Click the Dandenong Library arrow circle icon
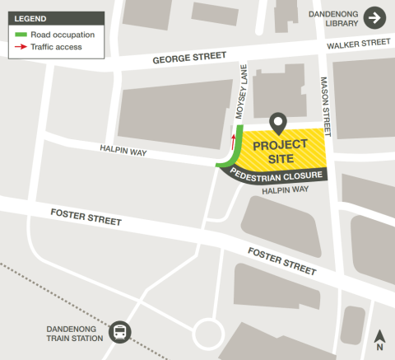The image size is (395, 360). pyautogui.click(x=374, y=18)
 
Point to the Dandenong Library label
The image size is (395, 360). pyautogui.click(x=334, y=18)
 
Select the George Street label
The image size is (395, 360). pyautogui.click(x=188, y=58)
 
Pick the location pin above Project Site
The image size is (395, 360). pyautogui.click(x=279, y=124)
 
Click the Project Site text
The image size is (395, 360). pyautogui.click(x=279, y=151)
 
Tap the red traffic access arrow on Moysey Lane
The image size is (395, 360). pyautogui.click(x=233, y=138)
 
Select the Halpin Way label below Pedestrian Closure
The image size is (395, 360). pyautogui.click(x=285, y=190)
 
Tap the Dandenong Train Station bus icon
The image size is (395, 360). pyautogui.click(x=120, y=332)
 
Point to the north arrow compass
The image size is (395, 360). pyautogui.click(x=379, y=339)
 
